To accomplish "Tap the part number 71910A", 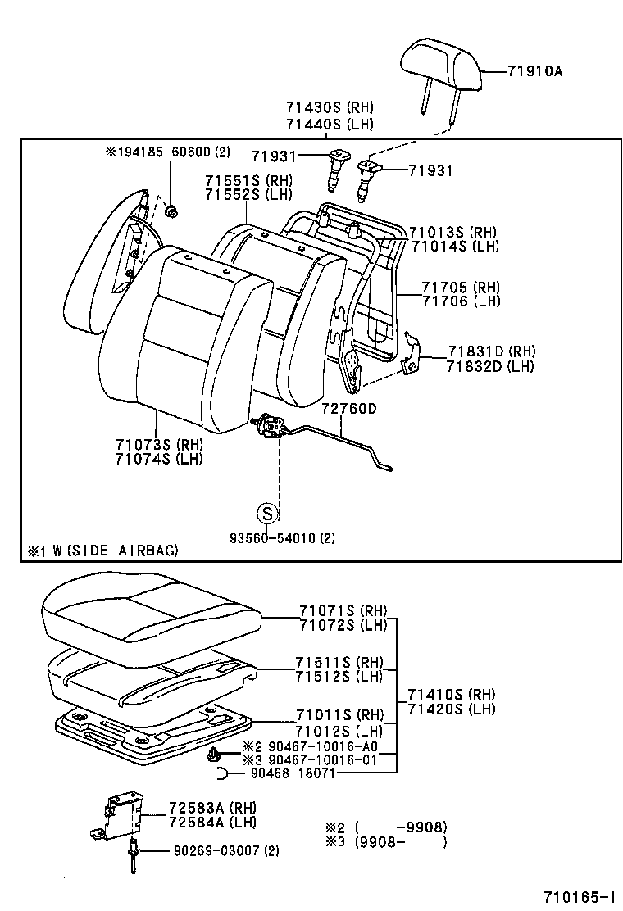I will click(x=534, y=71).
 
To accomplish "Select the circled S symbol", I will click(x=270, y=514).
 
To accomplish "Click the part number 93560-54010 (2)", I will click(x=280, y=538).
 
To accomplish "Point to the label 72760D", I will click(x=348, y=408).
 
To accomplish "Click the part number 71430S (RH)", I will click(x=330, y=107).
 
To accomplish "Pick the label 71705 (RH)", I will click(x=461, y=287).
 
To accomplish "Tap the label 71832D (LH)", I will click(x=490, y=366).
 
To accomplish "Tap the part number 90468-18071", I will click(x=293, y=773).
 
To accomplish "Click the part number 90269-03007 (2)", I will click(x=225, y=851).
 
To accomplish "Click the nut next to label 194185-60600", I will click(x=171, y=212).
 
